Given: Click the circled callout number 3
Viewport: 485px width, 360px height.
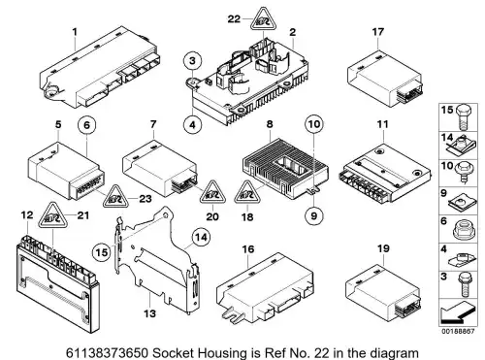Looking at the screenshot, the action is coord(192,60).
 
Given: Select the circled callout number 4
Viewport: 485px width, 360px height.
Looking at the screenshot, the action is coord(192,124).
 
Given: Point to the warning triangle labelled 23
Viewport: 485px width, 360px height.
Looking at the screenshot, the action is coord(115,197).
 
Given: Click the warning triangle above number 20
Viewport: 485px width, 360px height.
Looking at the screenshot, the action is coord(212,193).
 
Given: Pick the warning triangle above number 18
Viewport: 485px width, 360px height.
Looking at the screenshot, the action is coord(247,193).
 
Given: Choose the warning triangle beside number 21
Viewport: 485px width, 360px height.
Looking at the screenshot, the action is coord(52,215).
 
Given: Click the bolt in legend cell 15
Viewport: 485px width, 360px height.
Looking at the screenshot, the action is coord(464,117).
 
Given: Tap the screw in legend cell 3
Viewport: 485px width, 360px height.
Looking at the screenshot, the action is coord(465,284).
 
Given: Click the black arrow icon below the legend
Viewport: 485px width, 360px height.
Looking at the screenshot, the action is coord(457,313).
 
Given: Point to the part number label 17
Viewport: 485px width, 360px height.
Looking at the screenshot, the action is coord(377,32).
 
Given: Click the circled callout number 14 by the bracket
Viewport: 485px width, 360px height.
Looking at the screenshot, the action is coord(201,238).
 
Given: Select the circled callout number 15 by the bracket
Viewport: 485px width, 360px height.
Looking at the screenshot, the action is coord(102,252).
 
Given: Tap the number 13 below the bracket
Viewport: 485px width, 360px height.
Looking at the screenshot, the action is coord(149,313).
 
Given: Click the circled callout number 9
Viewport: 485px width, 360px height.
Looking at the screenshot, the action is coord(313,215).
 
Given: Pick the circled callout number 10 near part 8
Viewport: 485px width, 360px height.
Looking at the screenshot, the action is coord(314,124).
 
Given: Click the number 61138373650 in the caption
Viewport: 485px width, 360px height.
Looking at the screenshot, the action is coord(108,352).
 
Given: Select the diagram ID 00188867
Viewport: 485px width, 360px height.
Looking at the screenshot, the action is coord(458,332).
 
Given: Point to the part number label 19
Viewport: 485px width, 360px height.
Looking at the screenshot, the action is coord(383,248).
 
